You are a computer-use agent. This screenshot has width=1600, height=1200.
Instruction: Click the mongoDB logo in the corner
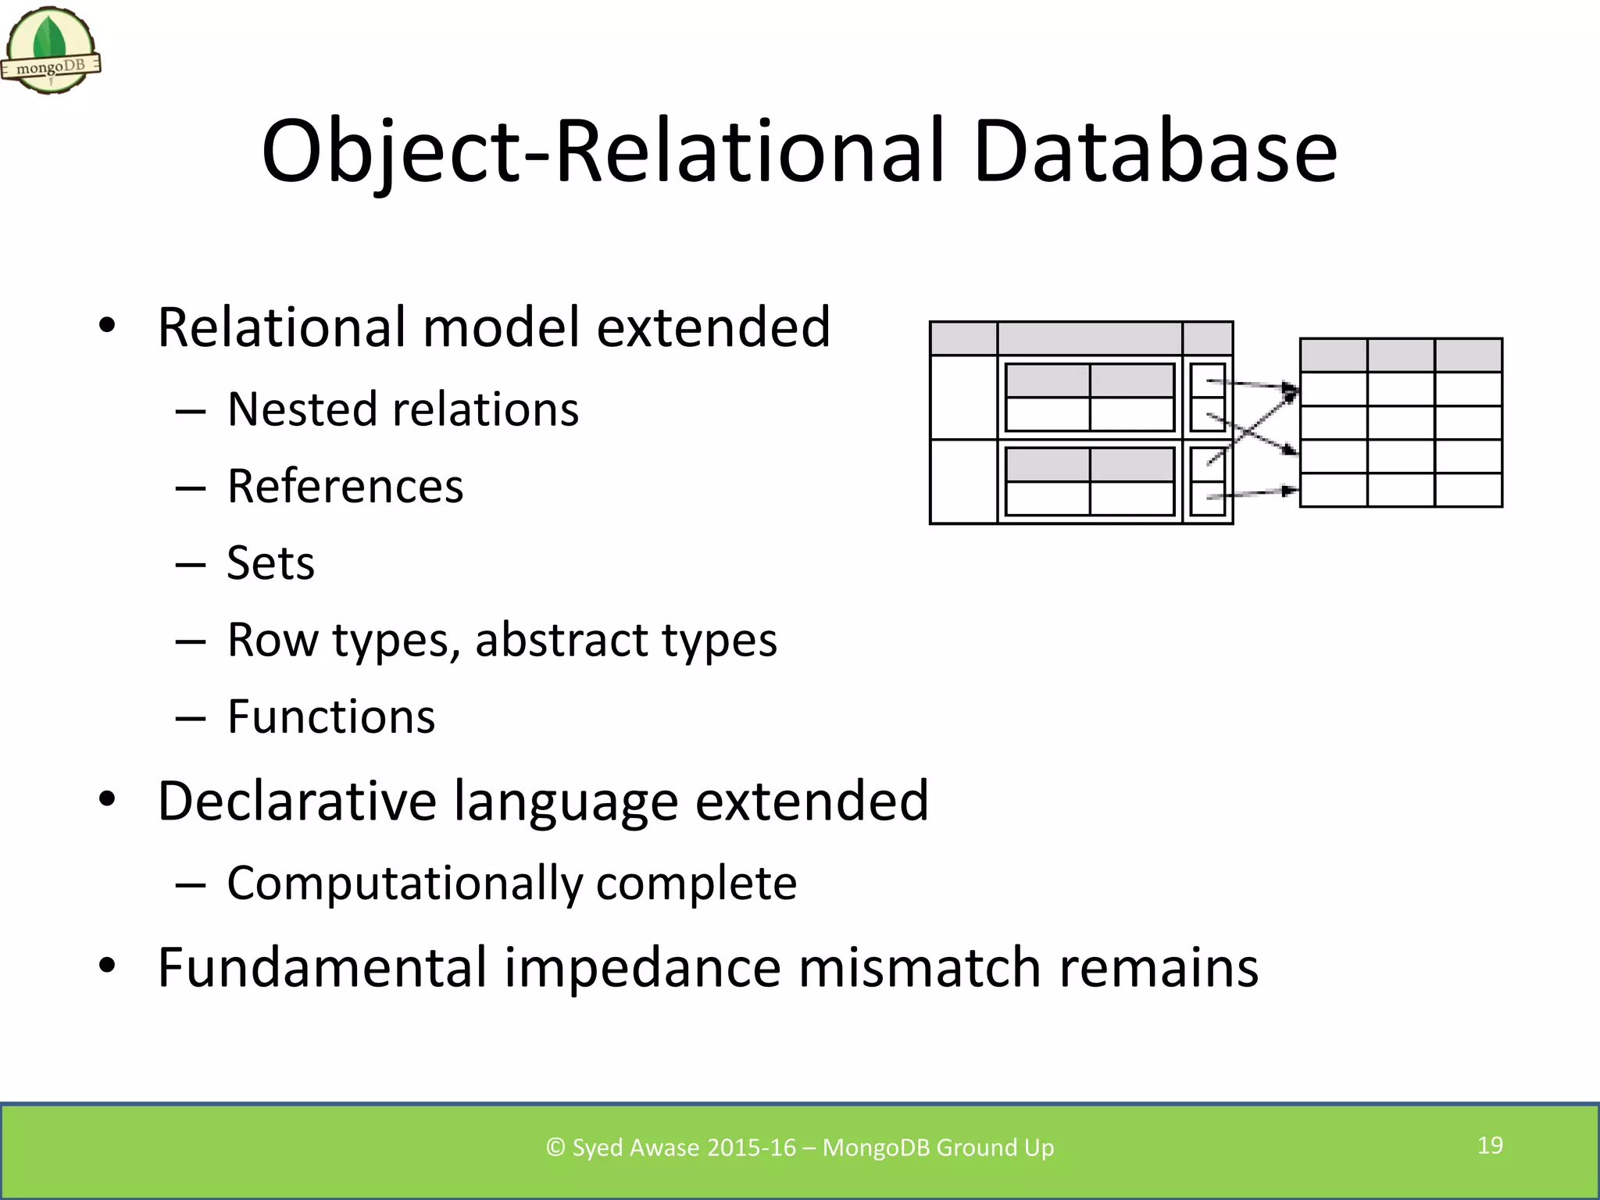click(51, 51)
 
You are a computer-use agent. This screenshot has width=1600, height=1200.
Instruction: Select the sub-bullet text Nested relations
click(402, 409)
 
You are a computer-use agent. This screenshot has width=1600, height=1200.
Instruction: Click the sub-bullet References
click(345, 486)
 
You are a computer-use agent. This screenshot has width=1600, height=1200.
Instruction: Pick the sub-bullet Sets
click(270, 562)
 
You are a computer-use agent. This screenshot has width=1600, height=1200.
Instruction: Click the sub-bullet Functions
click(330, 716)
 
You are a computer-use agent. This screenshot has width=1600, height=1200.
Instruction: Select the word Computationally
click(404, 884)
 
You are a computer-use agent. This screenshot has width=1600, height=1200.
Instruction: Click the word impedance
click(642, 967)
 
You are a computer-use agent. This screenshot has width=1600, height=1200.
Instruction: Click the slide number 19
click(1490, 1145)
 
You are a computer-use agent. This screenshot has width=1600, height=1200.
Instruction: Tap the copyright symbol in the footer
click(555, 1148)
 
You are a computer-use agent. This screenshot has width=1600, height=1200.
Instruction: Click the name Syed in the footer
click(598, 1148)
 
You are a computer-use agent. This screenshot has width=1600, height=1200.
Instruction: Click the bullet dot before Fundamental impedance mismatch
click(107, 966)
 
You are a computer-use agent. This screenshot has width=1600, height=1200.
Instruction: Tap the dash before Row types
click(191, 641)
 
